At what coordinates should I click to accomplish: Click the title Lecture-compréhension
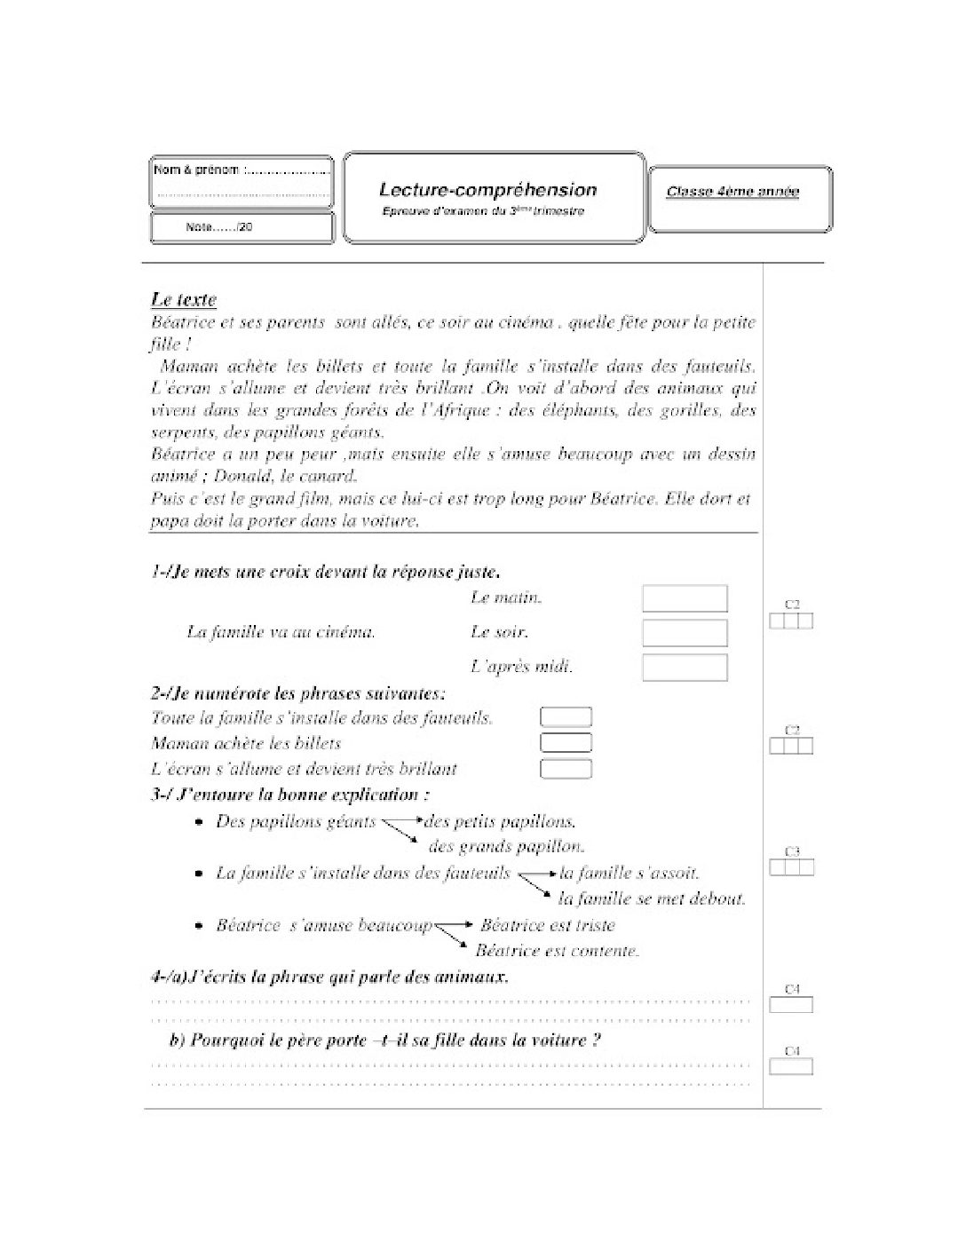487,189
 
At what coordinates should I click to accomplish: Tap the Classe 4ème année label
732,192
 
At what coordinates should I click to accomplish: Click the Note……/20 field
219,227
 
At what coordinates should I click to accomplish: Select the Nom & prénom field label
197,170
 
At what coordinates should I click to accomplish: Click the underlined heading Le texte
184,300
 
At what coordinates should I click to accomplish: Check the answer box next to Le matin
684,599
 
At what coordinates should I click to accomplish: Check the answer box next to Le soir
684,633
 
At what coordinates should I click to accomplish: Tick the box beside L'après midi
684,668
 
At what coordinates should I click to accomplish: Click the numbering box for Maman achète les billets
566,743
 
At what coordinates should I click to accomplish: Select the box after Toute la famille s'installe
566,717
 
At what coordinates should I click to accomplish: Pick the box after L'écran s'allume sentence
566,769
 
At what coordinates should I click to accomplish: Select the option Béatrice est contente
558,951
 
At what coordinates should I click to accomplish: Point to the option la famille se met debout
652,899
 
